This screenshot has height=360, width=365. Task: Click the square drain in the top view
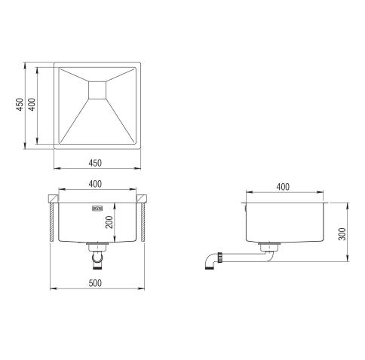tap(99, 89)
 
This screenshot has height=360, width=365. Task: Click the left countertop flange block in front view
tap(53, 199)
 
